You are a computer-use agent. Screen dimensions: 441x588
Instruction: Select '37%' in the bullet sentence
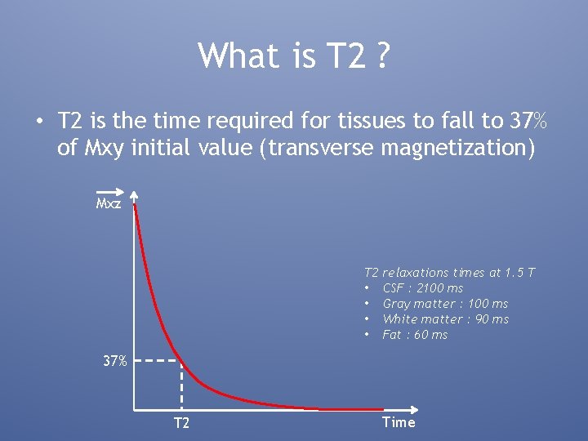[528, 122]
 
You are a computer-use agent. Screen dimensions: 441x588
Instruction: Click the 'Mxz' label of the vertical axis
[108, 203]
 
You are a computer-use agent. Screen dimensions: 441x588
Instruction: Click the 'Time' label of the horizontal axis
[399, 422]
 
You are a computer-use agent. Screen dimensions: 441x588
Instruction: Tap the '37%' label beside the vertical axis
[114, 360]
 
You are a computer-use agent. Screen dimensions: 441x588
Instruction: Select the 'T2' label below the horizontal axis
[181, 423]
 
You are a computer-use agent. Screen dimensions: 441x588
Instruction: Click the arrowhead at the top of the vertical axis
[134, 196]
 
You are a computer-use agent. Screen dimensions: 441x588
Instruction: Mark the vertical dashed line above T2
[181, 384]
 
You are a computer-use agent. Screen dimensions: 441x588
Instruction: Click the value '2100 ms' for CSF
[439, 288]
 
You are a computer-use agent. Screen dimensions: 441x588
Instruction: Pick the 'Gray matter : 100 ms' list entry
[445, 304]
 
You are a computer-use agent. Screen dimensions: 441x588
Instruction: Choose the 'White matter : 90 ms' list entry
[445, 319]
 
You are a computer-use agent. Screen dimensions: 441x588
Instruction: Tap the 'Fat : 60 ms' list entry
[415, 335]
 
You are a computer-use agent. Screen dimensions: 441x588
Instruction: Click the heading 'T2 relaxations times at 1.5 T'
[449, 272]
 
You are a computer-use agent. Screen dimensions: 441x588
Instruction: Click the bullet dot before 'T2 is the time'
[38, 122]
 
